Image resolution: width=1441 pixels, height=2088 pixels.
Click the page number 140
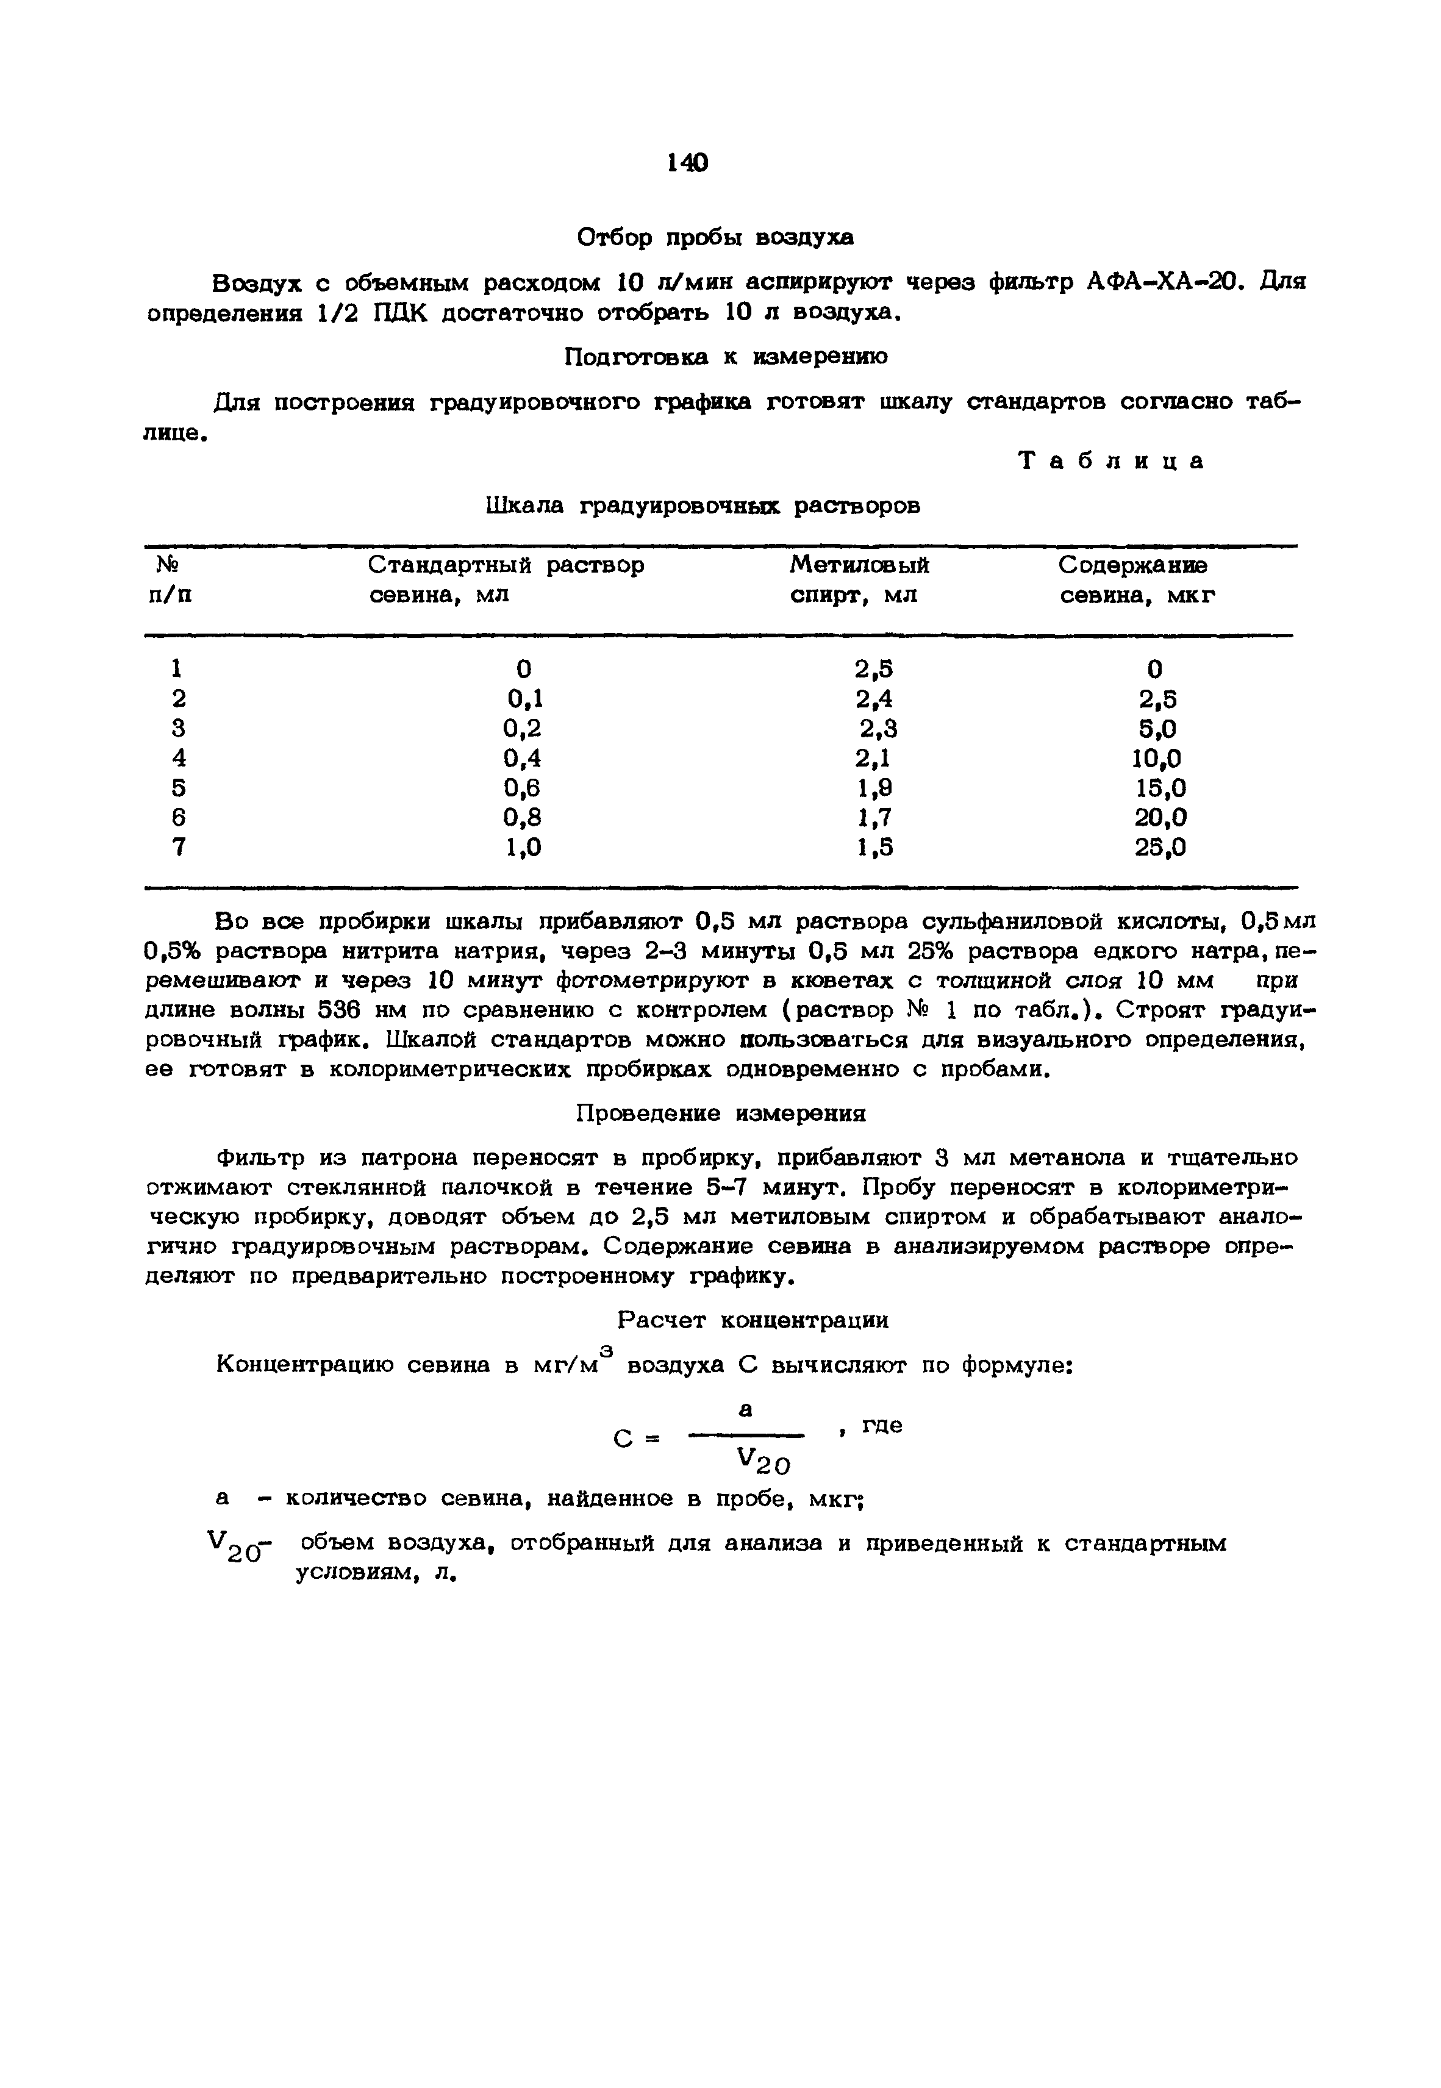click(x=688, y=163)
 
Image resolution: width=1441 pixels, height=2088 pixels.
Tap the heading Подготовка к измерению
click(x=725, y=357)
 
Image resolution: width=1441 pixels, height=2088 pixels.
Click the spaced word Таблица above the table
click(x=1112, y=461)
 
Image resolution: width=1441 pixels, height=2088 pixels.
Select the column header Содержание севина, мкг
click(x=1136, y=581)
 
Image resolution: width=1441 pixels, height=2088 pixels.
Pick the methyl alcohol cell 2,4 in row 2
click(x=874, y=699)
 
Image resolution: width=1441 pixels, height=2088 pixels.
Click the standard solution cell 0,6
click(x=523, y=788)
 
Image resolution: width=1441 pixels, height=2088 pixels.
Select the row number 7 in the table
click(x=178, y=847)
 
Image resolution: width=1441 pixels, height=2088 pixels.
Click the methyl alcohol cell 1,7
click(x=874, y=818)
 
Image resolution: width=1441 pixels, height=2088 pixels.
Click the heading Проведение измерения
click(x=721, y=1114)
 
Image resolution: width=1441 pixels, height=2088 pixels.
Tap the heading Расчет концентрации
click(x=753, y=1321)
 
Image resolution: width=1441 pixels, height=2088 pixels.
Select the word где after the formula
click(x=881, y=1427)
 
